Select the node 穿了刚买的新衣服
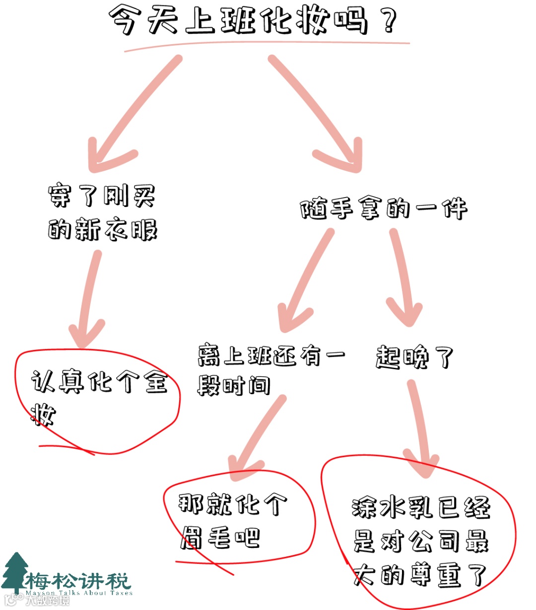(x=102, y=213)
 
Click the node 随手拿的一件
(x=383, y=208)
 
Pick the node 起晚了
(x=414, y=357)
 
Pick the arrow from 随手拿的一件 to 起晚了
(x=402, y=278)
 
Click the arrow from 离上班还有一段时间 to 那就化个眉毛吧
(x=258, y=437)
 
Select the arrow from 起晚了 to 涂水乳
(x=421, y=427)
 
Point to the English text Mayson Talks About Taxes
(x=79, y=593)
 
